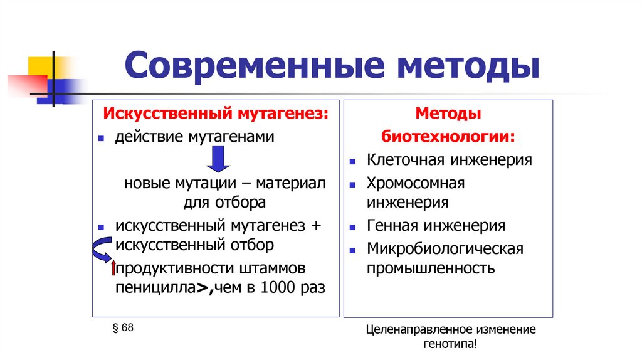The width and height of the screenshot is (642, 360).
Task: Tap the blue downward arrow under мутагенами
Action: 219,158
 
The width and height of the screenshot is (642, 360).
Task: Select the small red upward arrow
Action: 113,268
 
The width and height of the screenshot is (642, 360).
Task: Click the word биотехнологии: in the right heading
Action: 450,137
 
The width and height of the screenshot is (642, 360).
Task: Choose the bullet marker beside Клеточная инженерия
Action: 353,161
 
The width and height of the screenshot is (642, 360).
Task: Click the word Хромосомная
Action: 416,183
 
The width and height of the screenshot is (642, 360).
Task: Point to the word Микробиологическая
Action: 445,249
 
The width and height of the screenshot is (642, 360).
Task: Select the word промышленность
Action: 431,269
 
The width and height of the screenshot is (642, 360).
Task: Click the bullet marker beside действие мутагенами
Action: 101,137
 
